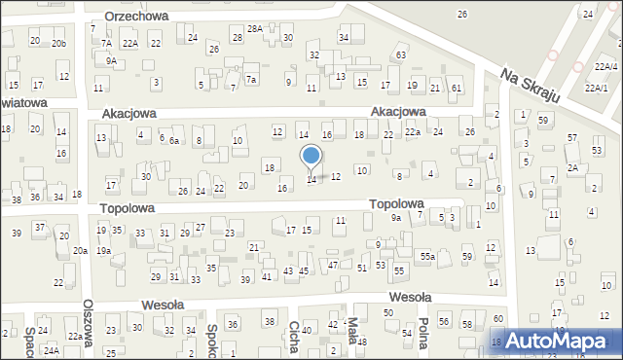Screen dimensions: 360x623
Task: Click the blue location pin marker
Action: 311,156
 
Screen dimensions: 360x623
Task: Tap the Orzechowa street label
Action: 136,17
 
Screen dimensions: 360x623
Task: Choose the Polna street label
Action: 422,335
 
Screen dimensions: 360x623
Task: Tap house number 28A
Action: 254,29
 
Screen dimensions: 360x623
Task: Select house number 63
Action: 400,55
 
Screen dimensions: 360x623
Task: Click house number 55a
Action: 426,256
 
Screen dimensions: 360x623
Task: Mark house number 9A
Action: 112,60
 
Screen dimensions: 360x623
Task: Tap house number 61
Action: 456,89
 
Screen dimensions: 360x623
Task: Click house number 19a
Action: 104,251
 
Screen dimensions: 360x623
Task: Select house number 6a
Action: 174,141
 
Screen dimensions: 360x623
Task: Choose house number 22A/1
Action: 595,88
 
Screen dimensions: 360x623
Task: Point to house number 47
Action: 333,265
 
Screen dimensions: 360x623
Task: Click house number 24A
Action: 51,350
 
